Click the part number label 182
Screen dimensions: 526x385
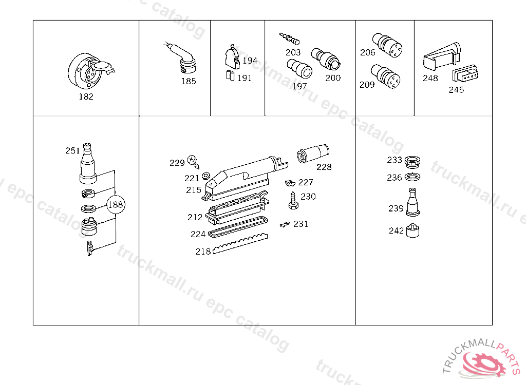click(86, 97)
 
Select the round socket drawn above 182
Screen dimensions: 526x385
click(90, 71)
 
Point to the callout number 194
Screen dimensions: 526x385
click(250, 61)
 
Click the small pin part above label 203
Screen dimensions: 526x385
click(289, 38)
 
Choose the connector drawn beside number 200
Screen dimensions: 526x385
click(326, 59)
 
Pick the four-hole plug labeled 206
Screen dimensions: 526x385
click(387, 45)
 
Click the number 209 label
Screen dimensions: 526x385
click(367, 85)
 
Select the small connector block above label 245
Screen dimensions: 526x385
click(465, 73)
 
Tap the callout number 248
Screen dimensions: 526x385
click(430, 78)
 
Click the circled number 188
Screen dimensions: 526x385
click(116, 205)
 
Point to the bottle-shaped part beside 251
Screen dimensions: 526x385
click(88, 164)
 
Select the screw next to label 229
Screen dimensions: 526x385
click(193, 162)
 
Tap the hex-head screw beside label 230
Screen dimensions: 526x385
click(293, 201)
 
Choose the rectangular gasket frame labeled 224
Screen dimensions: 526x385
click(238, 227)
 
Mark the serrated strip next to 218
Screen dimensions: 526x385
click(240, 243)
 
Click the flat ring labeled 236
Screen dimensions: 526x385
click(412, 177)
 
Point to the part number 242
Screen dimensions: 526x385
click(396, 230)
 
